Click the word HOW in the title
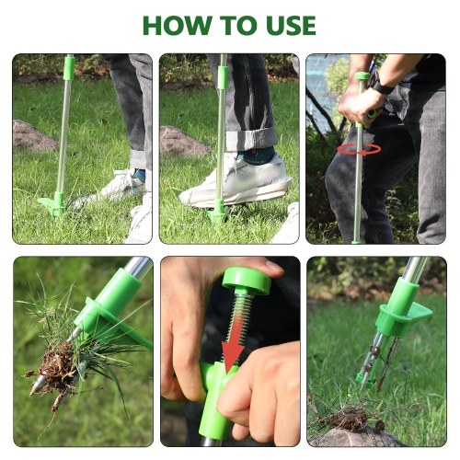click(178, 25)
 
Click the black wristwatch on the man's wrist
click(380, 84)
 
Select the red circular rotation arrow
click(359, 150)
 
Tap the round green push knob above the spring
click(247, 280)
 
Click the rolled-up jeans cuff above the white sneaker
click(251, 139)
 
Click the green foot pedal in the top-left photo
click(52, 204)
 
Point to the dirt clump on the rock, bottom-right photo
click(350, 419)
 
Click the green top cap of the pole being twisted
click(362, 76)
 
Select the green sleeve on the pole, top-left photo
click(69, 68)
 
